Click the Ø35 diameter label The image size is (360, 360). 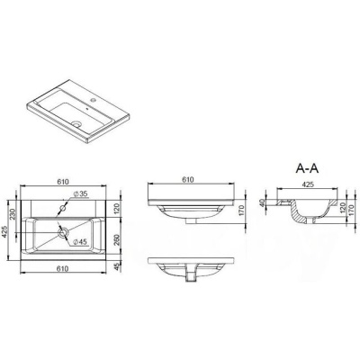79,193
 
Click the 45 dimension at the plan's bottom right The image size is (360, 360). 119,265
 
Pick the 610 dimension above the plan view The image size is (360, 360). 65,181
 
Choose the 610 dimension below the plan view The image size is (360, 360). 65,269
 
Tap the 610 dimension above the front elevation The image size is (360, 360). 189,180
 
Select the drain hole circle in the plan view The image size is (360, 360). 64,233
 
